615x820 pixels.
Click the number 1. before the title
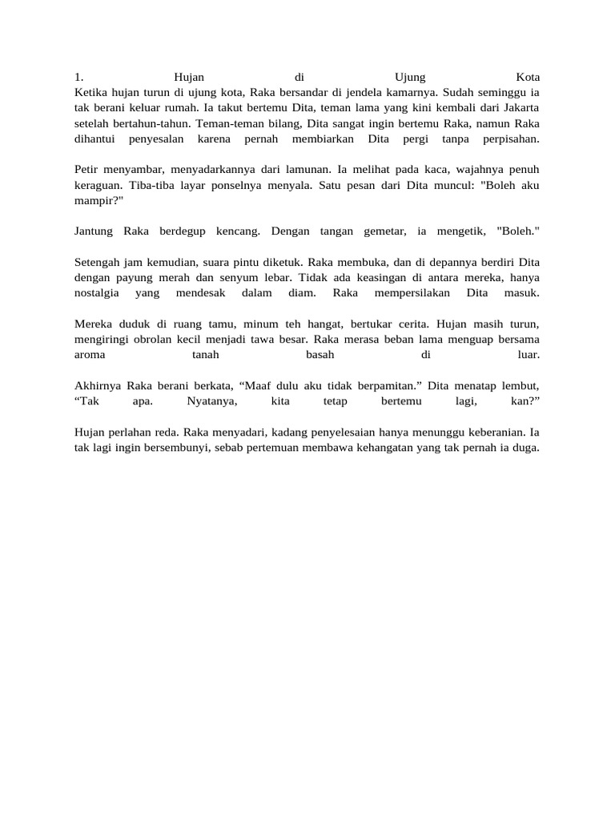78,78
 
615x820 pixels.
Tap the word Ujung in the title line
412,78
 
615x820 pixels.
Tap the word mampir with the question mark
98,200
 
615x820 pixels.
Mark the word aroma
89,354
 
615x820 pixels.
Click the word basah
320,354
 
